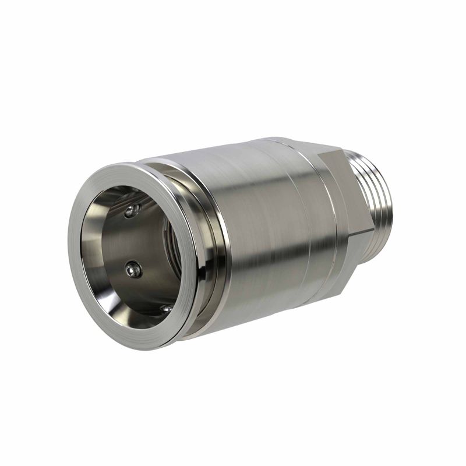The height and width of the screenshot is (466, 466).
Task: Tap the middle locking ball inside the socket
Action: (133, 269)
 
